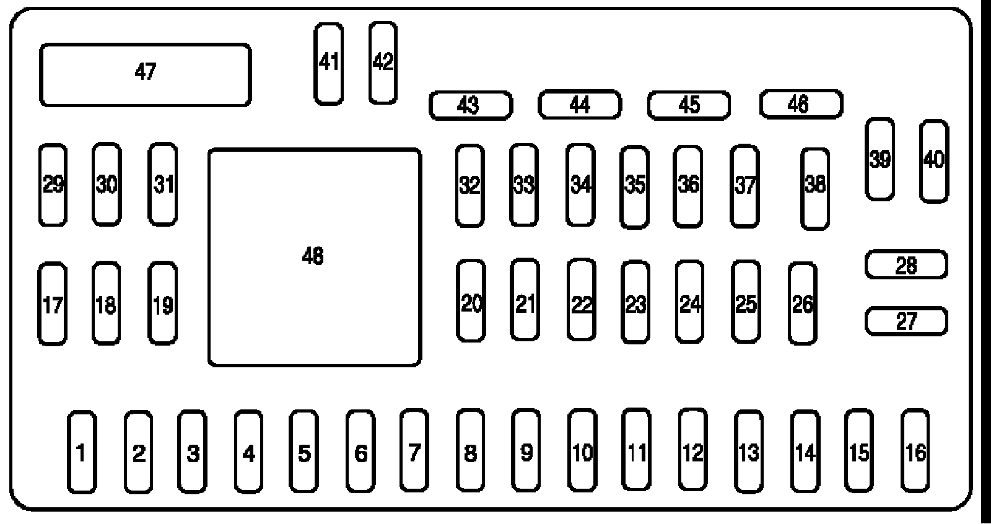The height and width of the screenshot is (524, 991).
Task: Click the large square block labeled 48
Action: point(315,257)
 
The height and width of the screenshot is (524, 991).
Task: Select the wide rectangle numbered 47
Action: point(145,74)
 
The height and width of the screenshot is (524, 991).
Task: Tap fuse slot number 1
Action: point(82,452)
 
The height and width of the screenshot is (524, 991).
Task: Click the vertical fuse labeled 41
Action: point(328,64)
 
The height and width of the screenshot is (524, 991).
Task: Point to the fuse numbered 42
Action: point(383,63)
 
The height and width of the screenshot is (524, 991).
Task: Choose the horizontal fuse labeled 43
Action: point(471,105)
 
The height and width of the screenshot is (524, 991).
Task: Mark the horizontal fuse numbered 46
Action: point(801,104)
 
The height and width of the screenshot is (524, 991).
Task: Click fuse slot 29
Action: point(53,185)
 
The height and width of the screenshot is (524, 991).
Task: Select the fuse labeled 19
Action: point(162,303)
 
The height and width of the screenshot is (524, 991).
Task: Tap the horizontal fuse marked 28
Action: point(906,265)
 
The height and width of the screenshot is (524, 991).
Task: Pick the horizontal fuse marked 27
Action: point(906,321)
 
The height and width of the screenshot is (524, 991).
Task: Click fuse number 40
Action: point(934,161)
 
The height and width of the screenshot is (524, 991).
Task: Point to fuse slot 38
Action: point(815,188)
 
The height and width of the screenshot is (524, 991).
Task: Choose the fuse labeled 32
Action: point(469,185)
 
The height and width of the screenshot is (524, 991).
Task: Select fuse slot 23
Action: point(635,302)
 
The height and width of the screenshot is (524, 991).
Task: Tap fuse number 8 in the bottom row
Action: point(470,452)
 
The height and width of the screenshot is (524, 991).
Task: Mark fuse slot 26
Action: point(803,303)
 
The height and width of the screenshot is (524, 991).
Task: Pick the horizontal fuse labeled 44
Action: point(579,104)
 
